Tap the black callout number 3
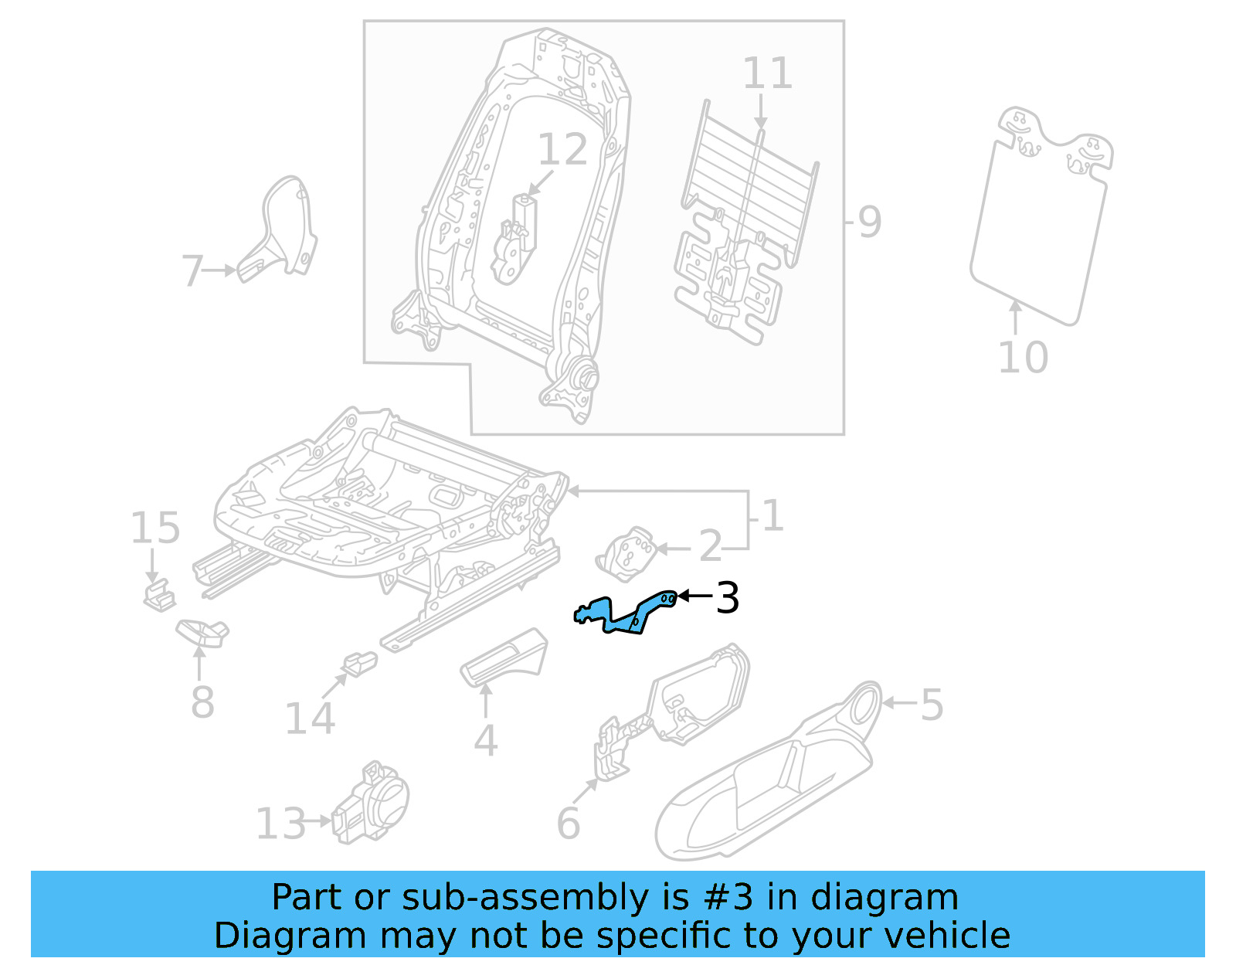(727, 597)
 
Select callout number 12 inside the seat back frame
(562, 150)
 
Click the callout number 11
(767, 75)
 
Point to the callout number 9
(869, 223)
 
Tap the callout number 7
(192, 271)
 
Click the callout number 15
(154, 529)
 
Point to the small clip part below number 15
(159, 596)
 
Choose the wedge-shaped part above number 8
(203, 632)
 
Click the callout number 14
(309, 719)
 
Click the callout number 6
(568, 824)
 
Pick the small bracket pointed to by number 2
(627, 552)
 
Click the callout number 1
(772, 516)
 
